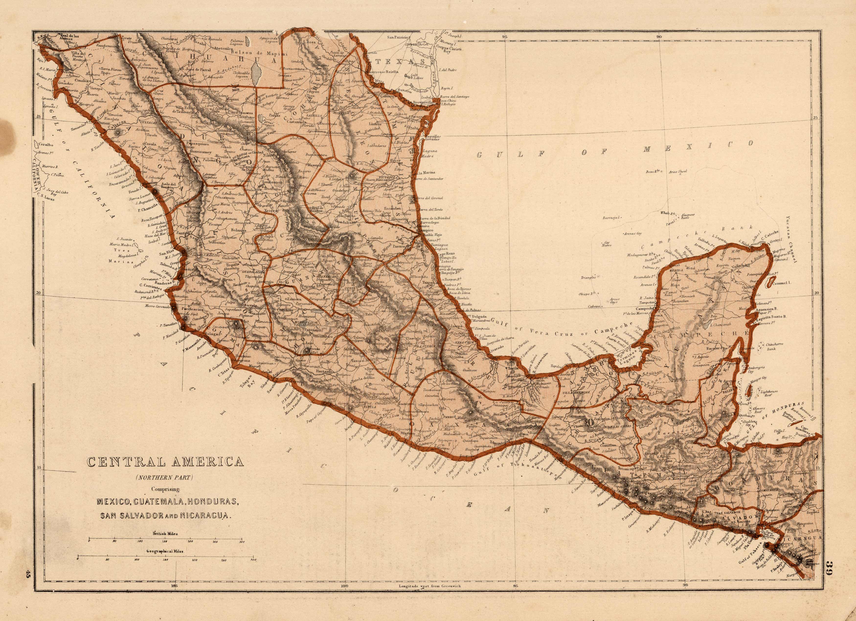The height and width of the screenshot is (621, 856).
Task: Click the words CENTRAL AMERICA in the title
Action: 165,462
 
